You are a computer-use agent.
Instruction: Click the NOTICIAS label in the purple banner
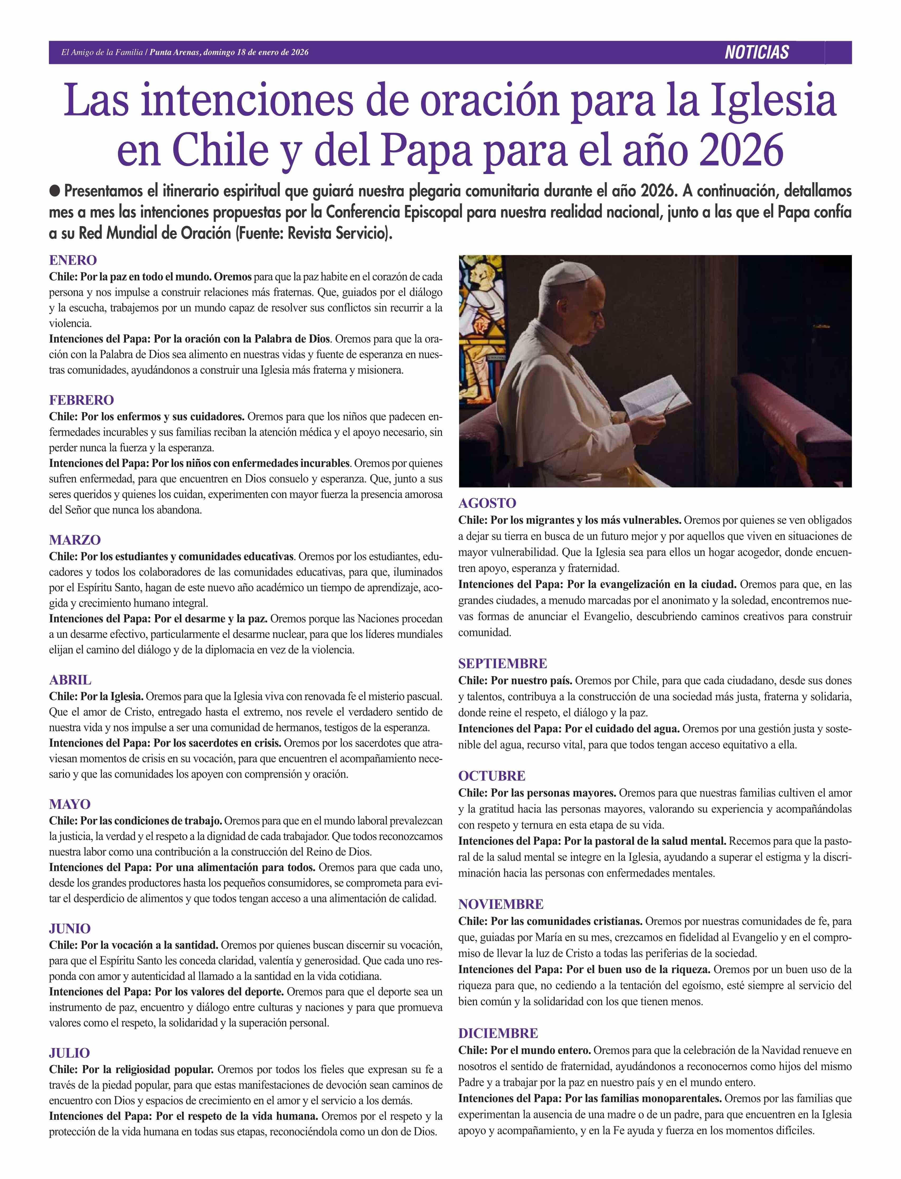756,53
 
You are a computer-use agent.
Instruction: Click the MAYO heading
70,804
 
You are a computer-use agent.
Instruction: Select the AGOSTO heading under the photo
487,503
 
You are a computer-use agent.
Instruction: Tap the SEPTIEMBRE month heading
503,664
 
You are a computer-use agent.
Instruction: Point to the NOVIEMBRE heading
500,904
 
